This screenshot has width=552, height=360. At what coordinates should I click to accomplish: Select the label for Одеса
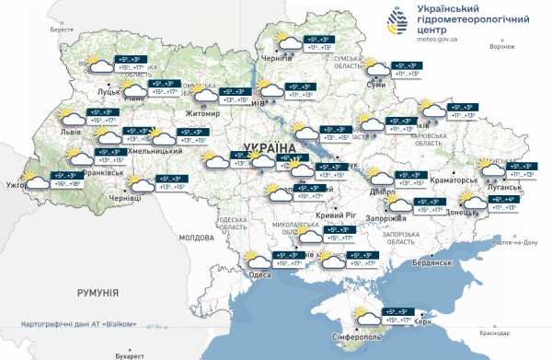[259, 274]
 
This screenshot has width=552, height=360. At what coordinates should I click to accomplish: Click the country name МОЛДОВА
[195, 237]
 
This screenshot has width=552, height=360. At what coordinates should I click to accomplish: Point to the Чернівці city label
[125, 197]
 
